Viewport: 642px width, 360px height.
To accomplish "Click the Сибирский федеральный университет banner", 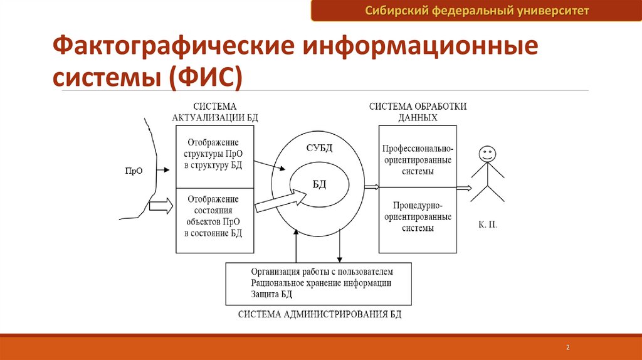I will [x=476, y=11].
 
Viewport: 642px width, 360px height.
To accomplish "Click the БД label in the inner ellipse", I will [x=320, y=183].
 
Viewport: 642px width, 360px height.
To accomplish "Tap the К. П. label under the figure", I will [x=488, y=223].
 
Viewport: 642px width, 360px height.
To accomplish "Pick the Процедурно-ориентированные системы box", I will [x=417, y=216].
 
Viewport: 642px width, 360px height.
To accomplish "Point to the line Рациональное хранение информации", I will [x=321, y=283].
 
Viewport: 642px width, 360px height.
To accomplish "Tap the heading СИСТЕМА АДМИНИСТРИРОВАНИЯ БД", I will [x=320, y=314].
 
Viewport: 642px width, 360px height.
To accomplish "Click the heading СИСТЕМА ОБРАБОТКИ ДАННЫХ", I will [x=418, y=112].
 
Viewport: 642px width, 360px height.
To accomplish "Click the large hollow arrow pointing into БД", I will [x=280, y=200].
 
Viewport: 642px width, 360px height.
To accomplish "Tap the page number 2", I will [x=567, y=347].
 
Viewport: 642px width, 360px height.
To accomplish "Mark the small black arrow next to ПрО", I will [x=161, y=170].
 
